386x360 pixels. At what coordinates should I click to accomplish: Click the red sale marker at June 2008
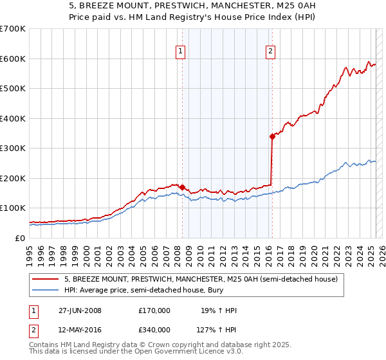point(182,187)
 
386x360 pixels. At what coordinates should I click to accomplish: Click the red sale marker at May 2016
point(272,136)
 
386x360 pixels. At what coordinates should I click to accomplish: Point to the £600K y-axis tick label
point(12,59)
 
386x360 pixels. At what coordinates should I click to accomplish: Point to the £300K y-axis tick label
point(12,148)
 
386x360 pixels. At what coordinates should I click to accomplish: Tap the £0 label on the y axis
point(20,238)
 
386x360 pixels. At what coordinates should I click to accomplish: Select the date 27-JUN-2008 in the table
point(80,311)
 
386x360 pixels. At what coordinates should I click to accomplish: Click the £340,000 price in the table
point(154,330)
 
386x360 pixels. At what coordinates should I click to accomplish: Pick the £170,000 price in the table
point(154,311)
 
